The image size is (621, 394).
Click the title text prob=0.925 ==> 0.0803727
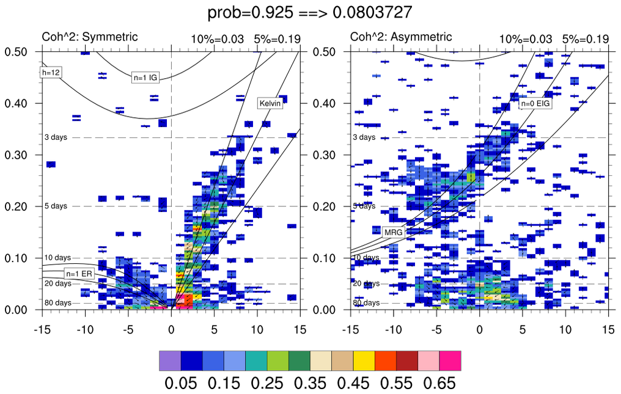(x=310, y=12)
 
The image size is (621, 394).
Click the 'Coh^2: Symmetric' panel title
(x=89, y=37)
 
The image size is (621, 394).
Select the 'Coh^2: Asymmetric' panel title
(x=400, y=37)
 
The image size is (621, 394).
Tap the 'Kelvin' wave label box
(x=270, y=103)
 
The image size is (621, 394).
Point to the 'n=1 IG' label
(x=145, y=78)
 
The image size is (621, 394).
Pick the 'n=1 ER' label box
(x=79, y=274)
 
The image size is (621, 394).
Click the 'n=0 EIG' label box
(x=535, y=104)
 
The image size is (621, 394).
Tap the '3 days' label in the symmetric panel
(x=56, y=137)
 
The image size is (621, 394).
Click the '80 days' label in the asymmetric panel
(x=365, y=302)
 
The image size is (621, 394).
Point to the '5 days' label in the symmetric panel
(x=56, y=206)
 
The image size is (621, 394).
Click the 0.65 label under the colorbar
(x=438, y=383)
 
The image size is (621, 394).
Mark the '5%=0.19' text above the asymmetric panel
(x=586, y=39)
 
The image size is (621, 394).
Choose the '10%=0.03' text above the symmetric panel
(x=213, y=39)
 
